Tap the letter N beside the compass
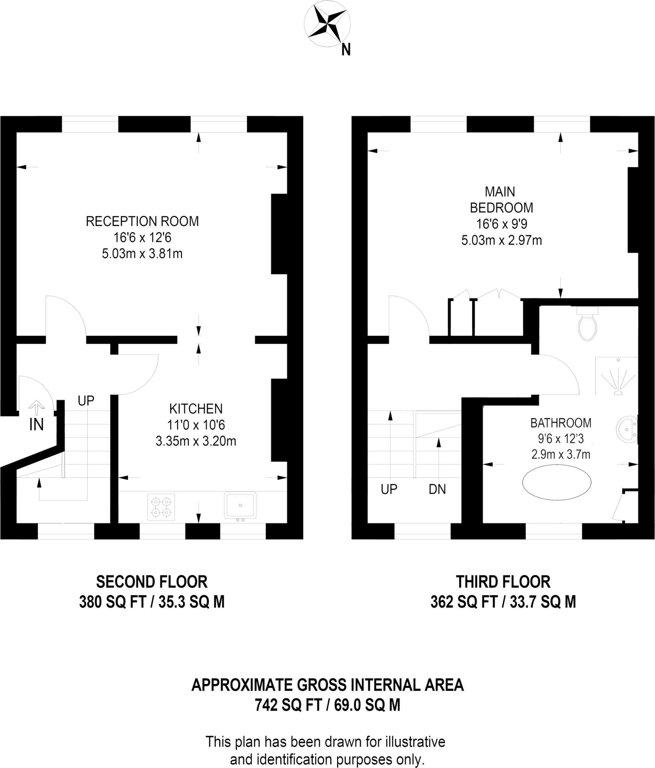pyautogui.click(x=346, y=50)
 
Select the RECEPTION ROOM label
pyautogui.click(x=142, y=221)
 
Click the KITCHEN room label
pyautogui.click(x=196, y=408)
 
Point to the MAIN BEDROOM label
pyautogui.click(x=501, y=199)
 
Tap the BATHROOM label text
pyautogui.click(x=560, y=423)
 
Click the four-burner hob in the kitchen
pyautogui.click(x=161, y=507)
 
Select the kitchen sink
pyautogui.click(x=240, y=505)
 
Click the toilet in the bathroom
pyautogui.click(x=587, y=326)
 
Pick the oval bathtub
pyautogui.click(x=557, y=482)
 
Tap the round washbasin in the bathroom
pyautogui.click(x=626, y=430)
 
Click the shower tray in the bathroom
pyautogui.click(x=617, y=376)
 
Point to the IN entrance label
pyautogui.click(x=36, y=424)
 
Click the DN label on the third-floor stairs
pyautogui.click(x=437, y=489)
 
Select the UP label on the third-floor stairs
pyautogui.click(x=389, y=489)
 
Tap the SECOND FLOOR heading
pyautogui.click(x=152, y=582)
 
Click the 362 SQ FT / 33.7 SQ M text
pyautogui.click(x=503, y=602)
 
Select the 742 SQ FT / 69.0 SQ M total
pyautogui.click(x=327, y=705)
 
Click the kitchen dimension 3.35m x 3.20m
pyautogui.click(x=196, y=441)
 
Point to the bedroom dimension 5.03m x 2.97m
pyautogui.click(x=501, y=240)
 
